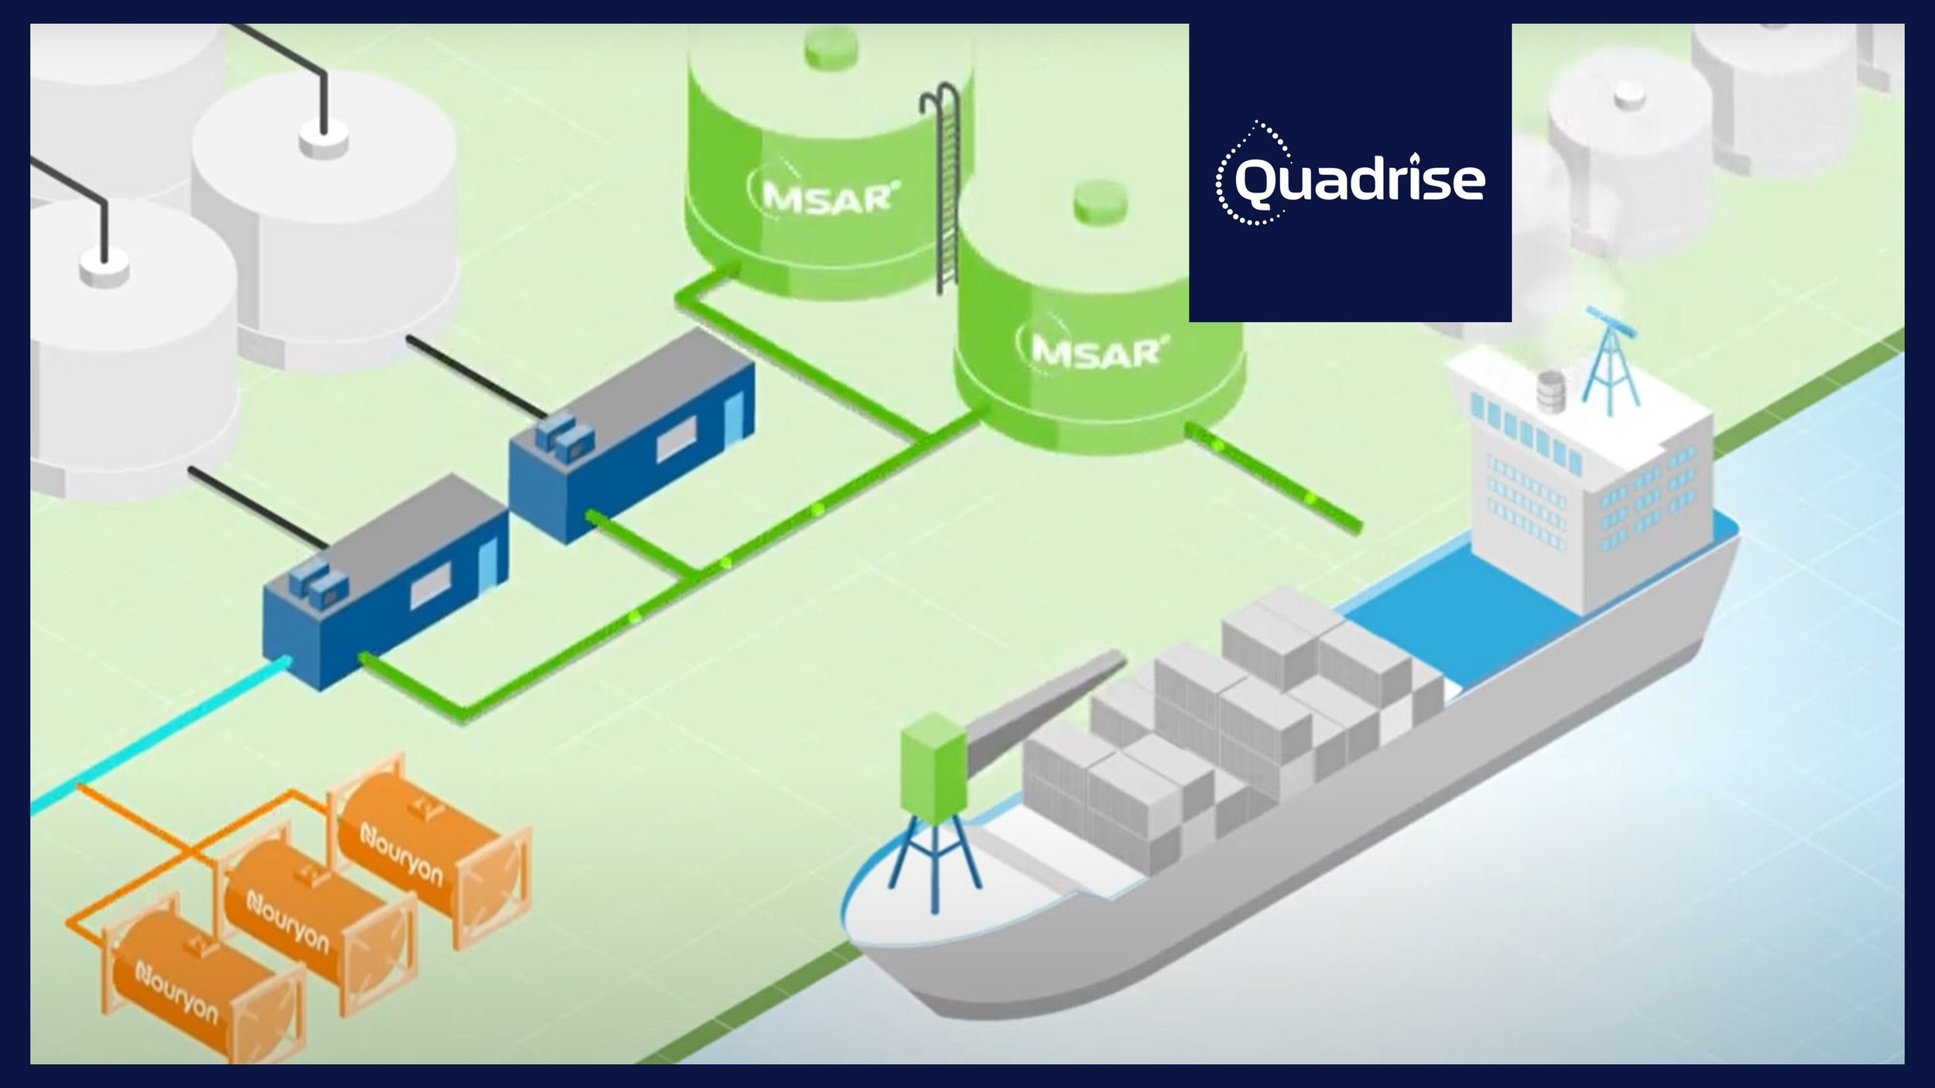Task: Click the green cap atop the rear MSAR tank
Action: (831, 46)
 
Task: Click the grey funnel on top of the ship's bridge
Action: (1550, 390)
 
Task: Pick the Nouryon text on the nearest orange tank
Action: (176, 992)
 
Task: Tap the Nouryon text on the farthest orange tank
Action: (402, 855)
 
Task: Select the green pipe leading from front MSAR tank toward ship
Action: (1277, 480)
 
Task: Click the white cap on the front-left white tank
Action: (104, 268)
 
